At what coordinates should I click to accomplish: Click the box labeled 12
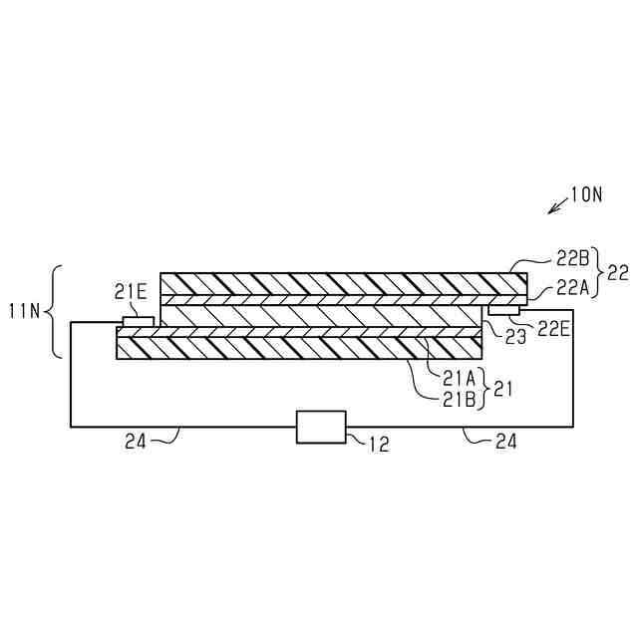point(321,427)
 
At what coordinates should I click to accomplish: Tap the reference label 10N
point(586,195)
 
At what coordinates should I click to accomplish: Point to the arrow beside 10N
point(558,205)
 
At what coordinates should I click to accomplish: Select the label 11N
point(27,311)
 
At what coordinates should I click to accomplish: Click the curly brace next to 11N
point(57,311)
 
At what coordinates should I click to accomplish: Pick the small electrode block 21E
point(139,322)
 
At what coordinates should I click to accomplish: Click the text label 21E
point(131,291)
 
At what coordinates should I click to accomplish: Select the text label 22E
point(553,328)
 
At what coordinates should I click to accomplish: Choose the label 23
point(514,338)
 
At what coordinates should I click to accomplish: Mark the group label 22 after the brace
point(618,271)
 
